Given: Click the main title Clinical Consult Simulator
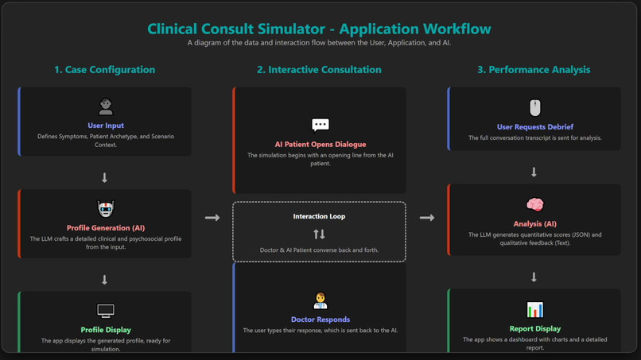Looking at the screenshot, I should (x=319, y=29).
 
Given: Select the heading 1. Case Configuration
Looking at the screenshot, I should (x=104, y=70).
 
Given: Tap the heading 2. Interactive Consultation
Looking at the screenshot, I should (x=319, y=70).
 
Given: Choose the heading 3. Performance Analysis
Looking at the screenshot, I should (x=534, y=70).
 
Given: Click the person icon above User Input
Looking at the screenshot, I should (x=105, y=106).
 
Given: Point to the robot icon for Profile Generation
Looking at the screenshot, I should (x=105, y=209).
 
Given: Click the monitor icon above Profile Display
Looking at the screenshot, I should (x=105, y=311).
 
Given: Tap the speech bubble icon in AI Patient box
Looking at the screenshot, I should (x=320, y=125).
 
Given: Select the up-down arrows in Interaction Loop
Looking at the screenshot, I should (x=319, y=234).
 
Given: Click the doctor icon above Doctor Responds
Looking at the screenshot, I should (x=320, y=301).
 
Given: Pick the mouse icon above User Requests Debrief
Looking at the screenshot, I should (x=534, y=107).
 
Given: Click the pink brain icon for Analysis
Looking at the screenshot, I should (x=534, y=206).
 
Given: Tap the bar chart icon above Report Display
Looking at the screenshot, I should (x=534, y=309).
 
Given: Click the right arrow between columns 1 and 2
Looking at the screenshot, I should (x=212, y=218).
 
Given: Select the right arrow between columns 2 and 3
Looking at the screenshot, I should (x=427, y=218).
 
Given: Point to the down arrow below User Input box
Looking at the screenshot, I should (x=104, y=178).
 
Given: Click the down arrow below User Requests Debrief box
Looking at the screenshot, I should (x=534, y=172).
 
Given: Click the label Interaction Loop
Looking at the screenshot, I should (x=319, y=216).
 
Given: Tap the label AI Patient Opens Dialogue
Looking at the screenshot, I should (x=319, y=145).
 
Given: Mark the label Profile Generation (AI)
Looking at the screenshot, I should (x=105, y=227).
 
